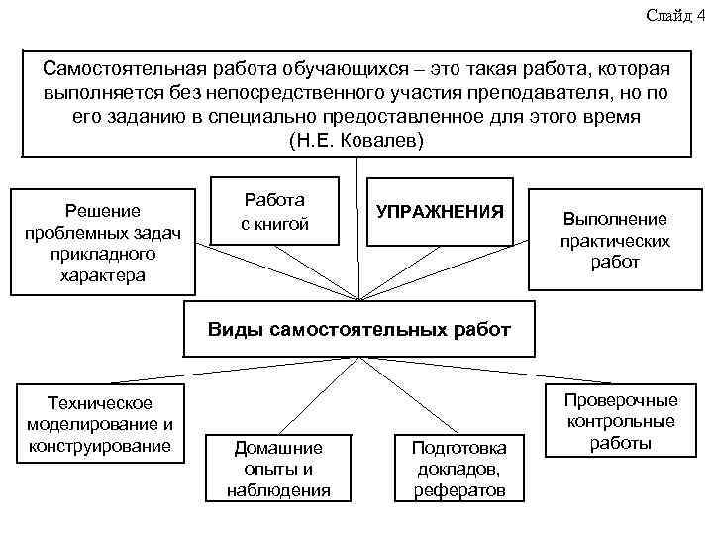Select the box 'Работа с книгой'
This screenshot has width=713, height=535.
(276, 212)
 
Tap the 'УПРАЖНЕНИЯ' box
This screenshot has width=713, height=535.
(441, 212)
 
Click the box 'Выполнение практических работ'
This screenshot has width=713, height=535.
(615, 241)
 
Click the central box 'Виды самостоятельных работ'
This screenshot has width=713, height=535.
(359, 330)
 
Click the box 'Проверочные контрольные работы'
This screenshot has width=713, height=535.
(621, 422)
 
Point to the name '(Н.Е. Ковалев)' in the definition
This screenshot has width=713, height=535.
(356, 140)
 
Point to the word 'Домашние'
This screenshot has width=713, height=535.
(278, 448)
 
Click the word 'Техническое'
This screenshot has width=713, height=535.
(95, 403)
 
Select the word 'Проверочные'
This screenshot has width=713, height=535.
(621, 400)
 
